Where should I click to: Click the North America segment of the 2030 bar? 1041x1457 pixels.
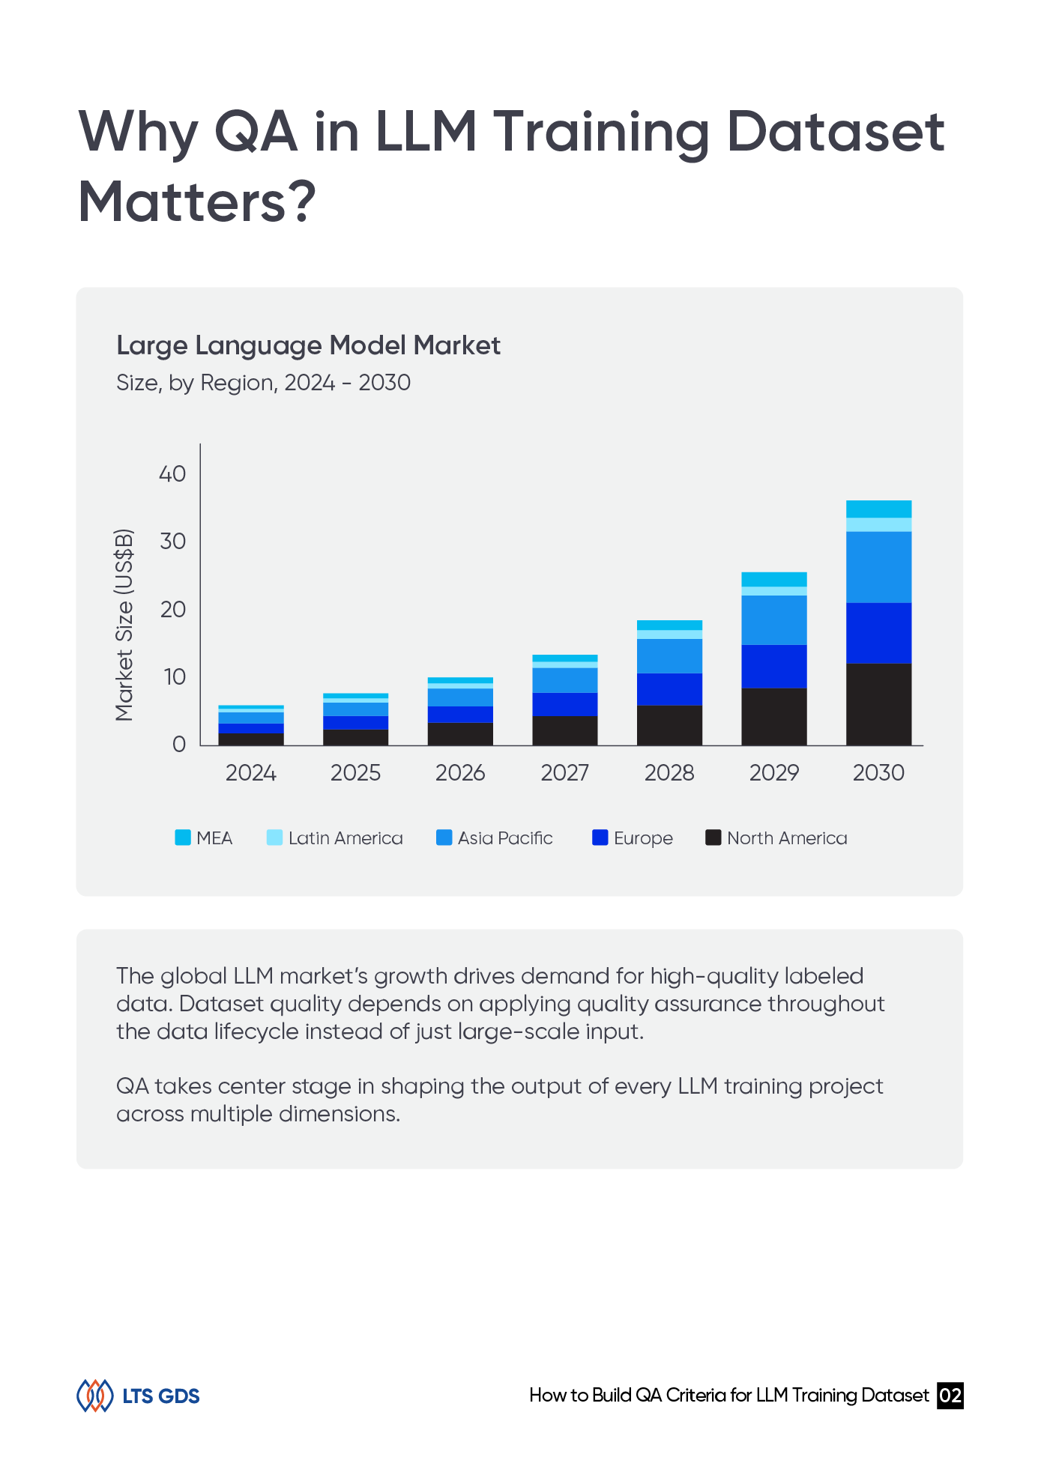point(878,704)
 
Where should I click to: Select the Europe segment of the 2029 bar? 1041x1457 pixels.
point(773,666)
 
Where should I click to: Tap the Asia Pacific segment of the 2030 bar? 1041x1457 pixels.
point(878,567)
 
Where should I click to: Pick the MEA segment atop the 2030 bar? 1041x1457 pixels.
point(878,509)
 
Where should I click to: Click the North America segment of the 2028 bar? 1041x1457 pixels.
point(669,725)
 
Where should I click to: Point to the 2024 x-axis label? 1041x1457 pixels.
point(251,773)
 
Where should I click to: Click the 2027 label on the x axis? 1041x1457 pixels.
point(564,773)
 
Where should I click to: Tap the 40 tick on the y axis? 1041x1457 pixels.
point(172,474)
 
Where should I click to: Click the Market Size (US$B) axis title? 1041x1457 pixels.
point(124,625)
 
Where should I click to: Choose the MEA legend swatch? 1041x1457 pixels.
point(183,837)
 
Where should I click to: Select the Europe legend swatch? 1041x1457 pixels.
point(600,837)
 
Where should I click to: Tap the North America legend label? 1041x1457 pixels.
point(787,838)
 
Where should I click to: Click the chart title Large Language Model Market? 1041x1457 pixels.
point(308,345)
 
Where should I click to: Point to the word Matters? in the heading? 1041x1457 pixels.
point(198,202)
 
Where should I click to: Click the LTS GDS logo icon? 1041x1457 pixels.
point(94,1396)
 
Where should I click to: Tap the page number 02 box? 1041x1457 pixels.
point(950,1396)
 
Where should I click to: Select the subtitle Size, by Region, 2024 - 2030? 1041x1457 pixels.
point(263,383)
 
